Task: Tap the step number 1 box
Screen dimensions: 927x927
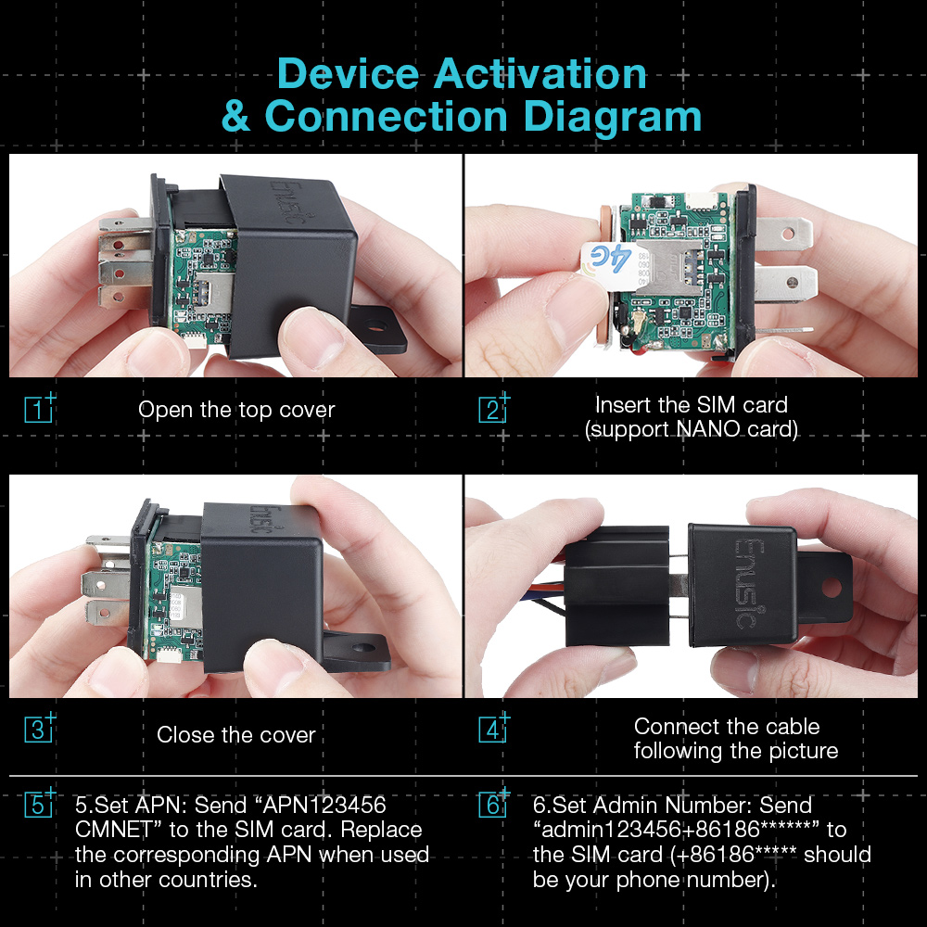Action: (37, 409)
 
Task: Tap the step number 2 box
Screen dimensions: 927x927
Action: (492, 409)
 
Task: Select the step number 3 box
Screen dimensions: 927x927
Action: (37, 729)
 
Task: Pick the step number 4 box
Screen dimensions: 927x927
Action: (492, 729)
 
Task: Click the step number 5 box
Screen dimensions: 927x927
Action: (37, 804)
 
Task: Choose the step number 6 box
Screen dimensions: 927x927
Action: (492, 804)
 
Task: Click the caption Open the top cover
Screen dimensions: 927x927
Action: (236, 410)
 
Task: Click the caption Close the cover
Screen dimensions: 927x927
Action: (236, 735)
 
